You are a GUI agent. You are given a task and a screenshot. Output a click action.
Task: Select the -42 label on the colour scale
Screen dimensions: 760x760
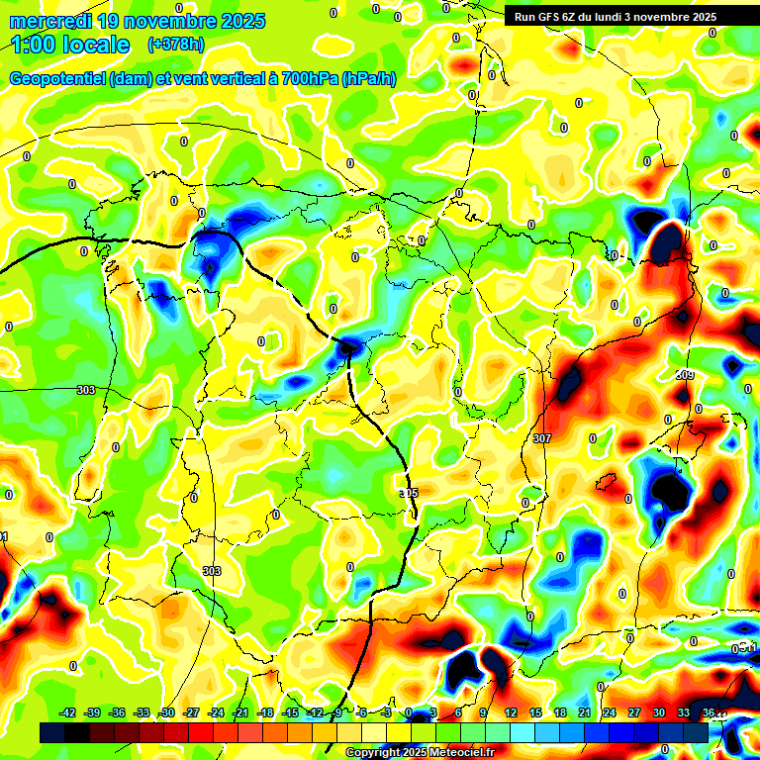pos(68,712)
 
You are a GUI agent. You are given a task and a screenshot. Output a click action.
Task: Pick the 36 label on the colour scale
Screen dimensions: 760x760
pos(709,712)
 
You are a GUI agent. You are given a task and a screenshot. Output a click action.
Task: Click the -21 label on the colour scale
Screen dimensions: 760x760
pos(240,712)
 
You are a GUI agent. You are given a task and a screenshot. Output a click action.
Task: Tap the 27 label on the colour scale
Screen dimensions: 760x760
pos(634,712)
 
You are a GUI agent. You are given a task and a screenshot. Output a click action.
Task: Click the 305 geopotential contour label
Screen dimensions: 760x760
pos(408,493)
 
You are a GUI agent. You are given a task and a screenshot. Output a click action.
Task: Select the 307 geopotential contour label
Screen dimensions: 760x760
pos(541,437)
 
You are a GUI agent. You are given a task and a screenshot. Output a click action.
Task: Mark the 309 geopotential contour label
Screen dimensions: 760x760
pos(685,375)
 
